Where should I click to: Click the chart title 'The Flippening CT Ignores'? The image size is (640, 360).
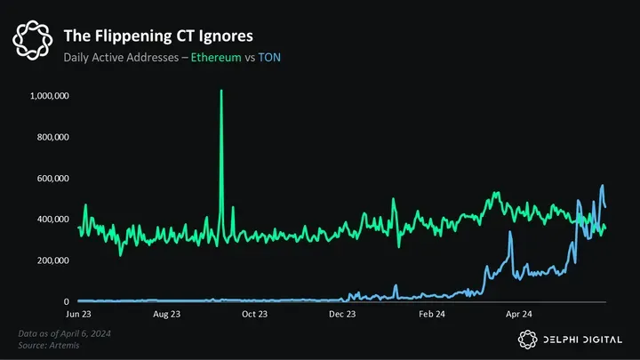(157, 36)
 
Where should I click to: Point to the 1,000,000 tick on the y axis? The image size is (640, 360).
(51, 96)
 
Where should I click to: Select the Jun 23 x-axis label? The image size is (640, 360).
(78, 314)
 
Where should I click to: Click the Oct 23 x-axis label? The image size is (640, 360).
(254, 314)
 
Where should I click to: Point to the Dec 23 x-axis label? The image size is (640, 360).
(342, 314)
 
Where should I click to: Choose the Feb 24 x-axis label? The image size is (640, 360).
(431, 314)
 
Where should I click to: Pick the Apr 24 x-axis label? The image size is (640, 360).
(519, 314)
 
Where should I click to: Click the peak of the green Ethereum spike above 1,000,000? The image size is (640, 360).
(221, 92)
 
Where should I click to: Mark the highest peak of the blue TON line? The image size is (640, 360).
(603, 186)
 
